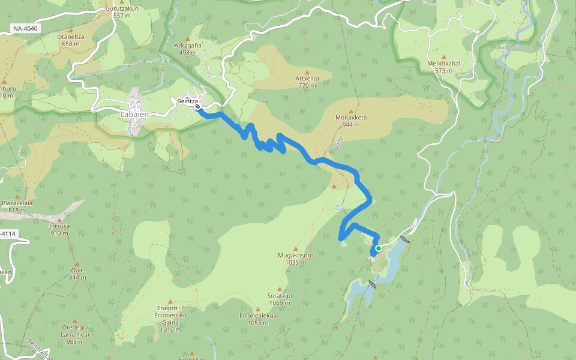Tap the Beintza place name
pyautogui.click(x=187, y=101)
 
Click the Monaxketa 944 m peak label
pyautogui.click(x=351, y=121)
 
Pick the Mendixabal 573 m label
pyautogui.click(x=443, y=67)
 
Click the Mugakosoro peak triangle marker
pyautogui.click(x=296, y=248)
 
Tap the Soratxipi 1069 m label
pyautogui.click(x=280, y=299)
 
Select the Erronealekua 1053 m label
pyautogui.click(x=258, y=319)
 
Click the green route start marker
pyautogui.click(x=379, y=248)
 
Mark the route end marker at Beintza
pyautogui.click(x=197, y=107)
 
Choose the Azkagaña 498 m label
pyautogui.click(x=188, y=49)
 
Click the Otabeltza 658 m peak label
pyautogui.click(x=71, y=40)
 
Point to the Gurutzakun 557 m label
pyautogui.click(x=122, y=12)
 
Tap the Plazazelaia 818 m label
pyautogui.click(x=16, y=206)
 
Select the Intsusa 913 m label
pyautogui.click(x=59, y=229)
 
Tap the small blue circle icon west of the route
pyautogui.click(x=338, y=208)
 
